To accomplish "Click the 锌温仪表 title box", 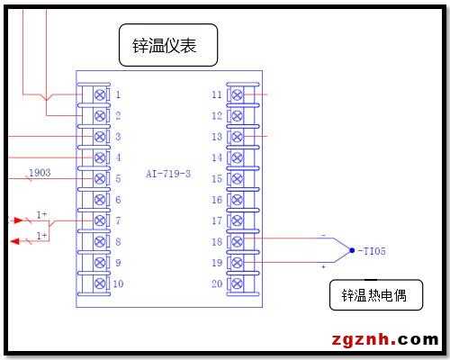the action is tap(168, 45).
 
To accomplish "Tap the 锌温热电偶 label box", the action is tap(376, 295).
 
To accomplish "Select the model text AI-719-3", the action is tap(168, 174).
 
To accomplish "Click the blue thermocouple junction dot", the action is tap(352, 250).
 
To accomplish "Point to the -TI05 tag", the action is tap(372, 251).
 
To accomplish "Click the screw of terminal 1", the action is tap(100, 94).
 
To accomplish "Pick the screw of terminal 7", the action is tap(100, 220).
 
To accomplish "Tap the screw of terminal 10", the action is tap(100, 283).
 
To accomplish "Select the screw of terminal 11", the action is tap(237, 94).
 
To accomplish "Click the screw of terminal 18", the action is tap(237, 241).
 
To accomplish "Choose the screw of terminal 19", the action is tap(237, 263).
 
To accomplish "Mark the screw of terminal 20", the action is tap(237, 283).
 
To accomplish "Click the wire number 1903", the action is tap(40, 173).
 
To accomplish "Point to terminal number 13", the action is tap(217, 137).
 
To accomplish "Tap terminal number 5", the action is tap(118, 179).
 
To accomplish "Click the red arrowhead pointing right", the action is tap(19, 220).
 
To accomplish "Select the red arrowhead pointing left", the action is tap(15, 241).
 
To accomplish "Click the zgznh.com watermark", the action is tap(385, 339).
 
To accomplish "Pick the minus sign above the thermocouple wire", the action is tap(323, 236).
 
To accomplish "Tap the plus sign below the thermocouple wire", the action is tap(323, 266).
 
